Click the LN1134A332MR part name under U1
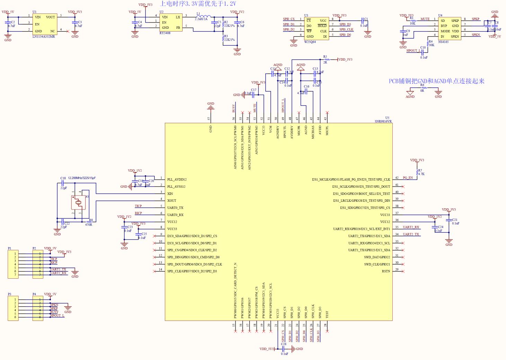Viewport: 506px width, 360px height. (44, 37)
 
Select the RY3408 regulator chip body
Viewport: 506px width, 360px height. (170, 22)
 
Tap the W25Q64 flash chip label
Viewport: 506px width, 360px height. (310, 42)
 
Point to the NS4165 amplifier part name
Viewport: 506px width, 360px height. (443, 42)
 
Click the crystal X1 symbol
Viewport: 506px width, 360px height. (78, 202)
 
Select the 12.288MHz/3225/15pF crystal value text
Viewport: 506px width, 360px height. (82, 178)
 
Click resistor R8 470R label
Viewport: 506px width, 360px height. (89, 225)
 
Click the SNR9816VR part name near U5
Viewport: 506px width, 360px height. (383, 121)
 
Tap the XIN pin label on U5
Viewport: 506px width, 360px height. (170, 194)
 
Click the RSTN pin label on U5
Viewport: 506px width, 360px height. (386, 271)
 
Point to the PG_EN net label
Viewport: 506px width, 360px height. (408, 178)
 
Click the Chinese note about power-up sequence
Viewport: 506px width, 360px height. (198, 4)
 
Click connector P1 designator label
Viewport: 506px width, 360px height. (10, 248)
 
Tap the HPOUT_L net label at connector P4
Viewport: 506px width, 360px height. (57, 316)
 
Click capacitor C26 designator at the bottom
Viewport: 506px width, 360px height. (284, 344)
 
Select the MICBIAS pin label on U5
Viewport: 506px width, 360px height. (313, 132)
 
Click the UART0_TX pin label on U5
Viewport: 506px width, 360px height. (175, 208)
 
